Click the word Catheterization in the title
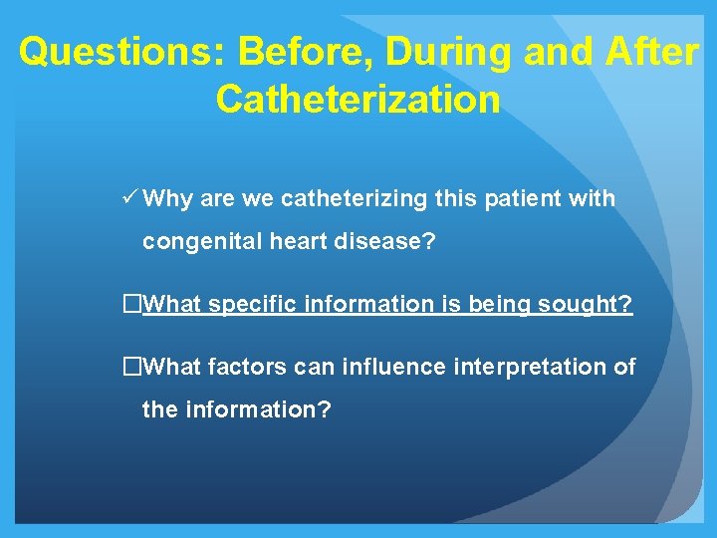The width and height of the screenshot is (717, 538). pyautogui.click(x=358, y=99)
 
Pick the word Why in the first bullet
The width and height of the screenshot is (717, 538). pyautogui.click(x=167, y=199)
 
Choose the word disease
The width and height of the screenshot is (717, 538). pyautogui.click(x=382, y=241)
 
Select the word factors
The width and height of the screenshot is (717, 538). pyautogui.click(x=248, y=368)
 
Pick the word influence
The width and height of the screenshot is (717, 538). pyautogui.click(x=389, y=368)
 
